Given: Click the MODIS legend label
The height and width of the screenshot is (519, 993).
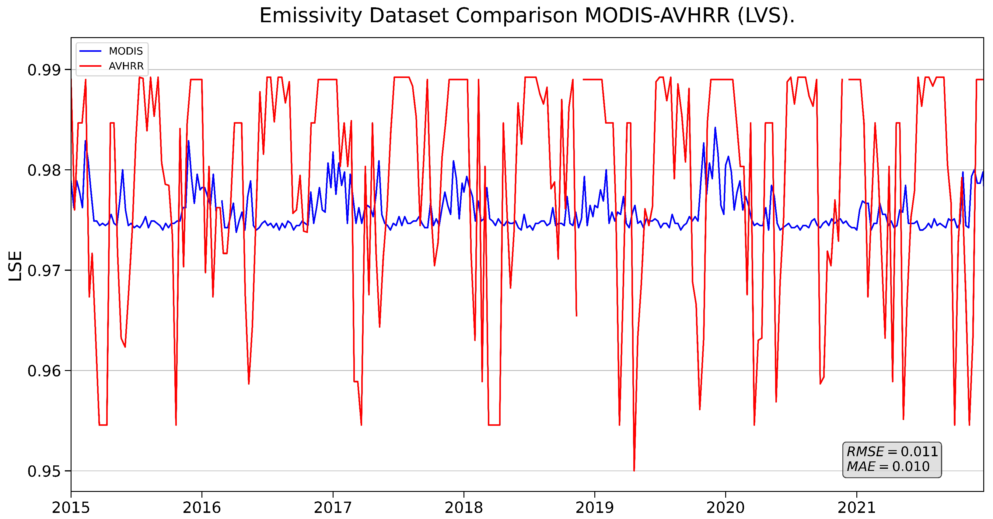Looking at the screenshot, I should pyautogui.click(x=126, y=51).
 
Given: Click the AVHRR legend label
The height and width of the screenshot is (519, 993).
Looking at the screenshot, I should pyautogui.click(x=126, y=66).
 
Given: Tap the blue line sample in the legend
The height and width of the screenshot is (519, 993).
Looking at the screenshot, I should pyautogui.click(x=90, y=51).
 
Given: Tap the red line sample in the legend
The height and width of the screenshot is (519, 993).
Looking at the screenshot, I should pyautogui.click(x=90, y=66).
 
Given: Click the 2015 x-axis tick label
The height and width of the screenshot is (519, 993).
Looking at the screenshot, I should pyautogui.click(x=71, y=507).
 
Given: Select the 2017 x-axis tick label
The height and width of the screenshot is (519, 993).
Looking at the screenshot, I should pyautogui.click(x=333, y=507).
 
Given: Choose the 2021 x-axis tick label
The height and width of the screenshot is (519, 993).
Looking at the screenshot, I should pyautogui.click(x=857, y=507).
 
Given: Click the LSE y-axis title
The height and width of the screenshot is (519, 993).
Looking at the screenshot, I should pyautogui.click(x=16, y=266).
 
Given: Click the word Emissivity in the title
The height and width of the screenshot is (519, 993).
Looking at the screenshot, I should pyautogui.click(x=311, y=16).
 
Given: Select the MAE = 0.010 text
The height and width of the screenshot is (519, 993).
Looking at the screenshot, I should pyautogui.click(x=888, y=467).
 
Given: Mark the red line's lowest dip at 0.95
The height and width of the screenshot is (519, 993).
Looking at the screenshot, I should pyautogui.click(x=634, y=470).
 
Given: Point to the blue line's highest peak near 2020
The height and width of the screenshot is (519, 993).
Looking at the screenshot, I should pyautogui.click(x=715, y=128).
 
